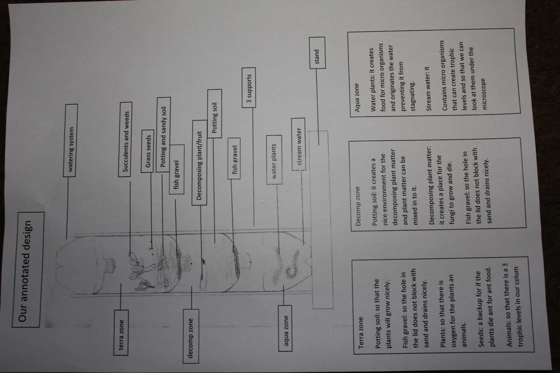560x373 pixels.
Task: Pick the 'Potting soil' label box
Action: point(214,113)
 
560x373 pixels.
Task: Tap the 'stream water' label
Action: point(299,144)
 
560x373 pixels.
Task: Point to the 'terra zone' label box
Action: point(121,331)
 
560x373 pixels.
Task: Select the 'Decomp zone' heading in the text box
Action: point(358,207)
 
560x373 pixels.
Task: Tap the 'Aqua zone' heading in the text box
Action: point(357,97)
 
